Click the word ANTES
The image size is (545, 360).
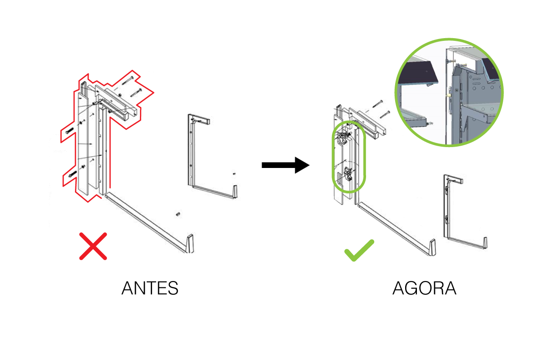click(x=150, y=289)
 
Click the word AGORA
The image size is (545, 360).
click(x=424, y=289)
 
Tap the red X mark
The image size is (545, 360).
click(x=93, y=246)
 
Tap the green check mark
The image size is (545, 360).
click(x=359, y=250)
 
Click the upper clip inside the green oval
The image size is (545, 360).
click(x=344, y=136)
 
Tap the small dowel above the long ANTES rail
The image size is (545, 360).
click(x=178, y=213)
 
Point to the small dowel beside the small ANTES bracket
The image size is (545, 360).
click(x=234, y=173)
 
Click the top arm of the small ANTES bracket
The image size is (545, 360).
click(x=200, y=119)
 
